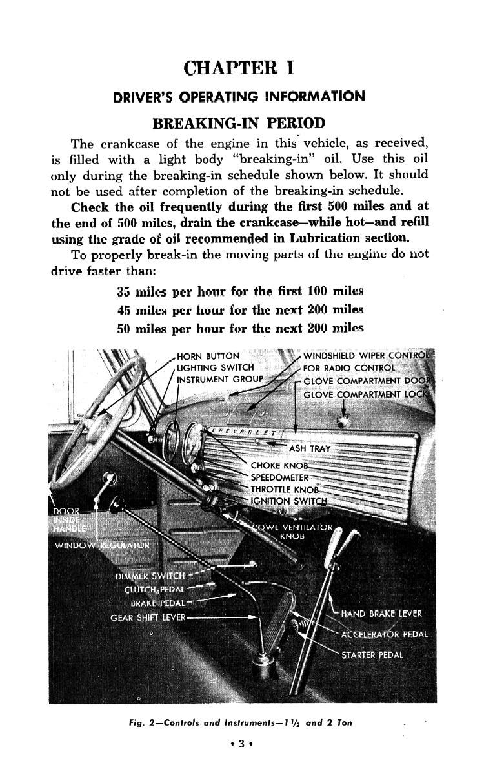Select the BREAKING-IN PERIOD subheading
pyautogui.click(x=239, y=122)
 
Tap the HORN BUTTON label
pyautogui.click(x=208, y=356)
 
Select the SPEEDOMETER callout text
pyautogui.click(x=280, y=478)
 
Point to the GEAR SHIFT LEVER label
pyautogui.click(x=148, y=617)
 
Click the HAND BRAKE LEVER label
pyautogui.click(x=381, y=613)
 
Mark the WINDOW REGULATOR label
pyautogui.click(x=102, y=545)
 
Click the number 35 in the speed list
pyautogui.click(x=125, y=291)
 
